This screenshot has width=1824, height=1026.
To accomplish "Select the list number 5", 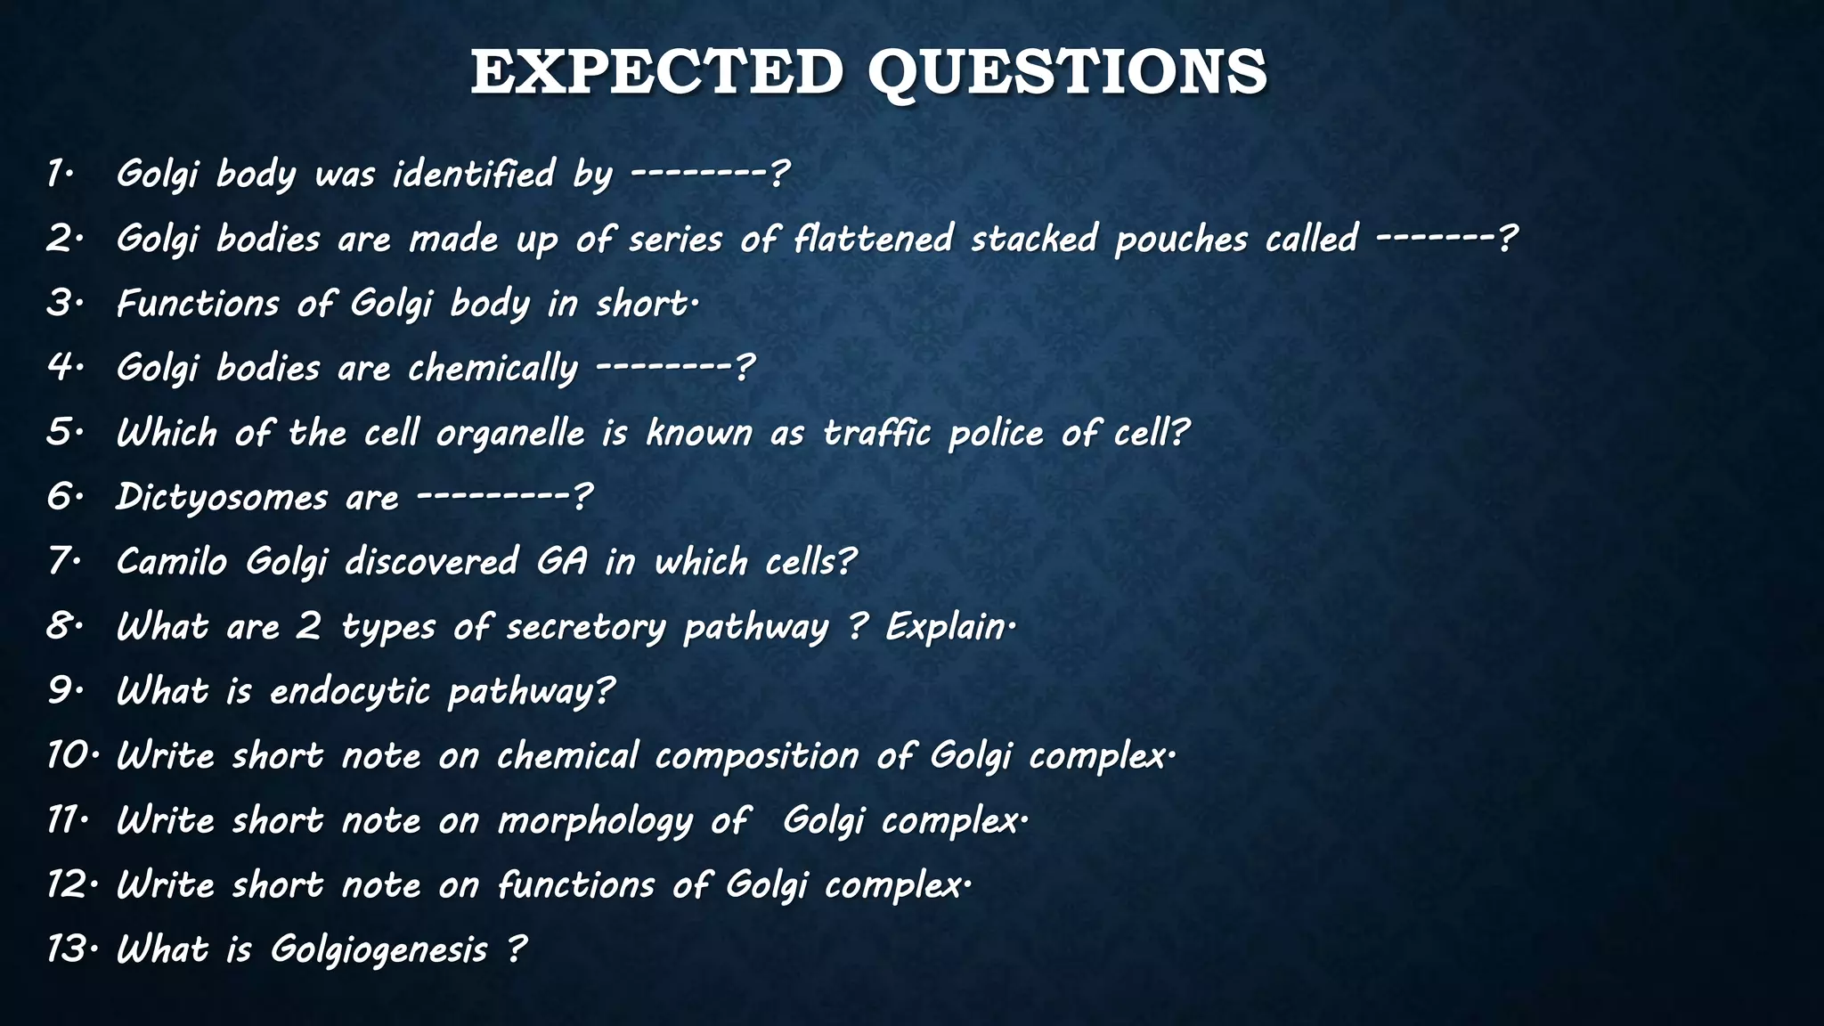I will click(x=61, y=433).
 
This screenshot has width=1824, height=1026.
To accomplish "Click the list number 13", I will click(x=66, y=949).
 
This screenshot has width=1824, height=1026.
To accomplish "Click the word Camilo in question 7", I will click(x=172, y=562).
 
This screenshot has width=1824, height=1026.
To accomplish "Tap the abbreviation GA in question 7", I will click(x=561, y=562).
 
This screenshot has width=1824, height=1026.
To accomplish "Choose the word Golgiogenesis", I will click(x=379, y=949).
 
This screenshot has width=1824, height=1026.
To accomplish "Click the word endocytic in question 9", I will click(x=350, y=692).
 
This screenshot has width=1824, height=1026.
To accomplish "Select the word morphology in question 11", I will click(x=594, y=821).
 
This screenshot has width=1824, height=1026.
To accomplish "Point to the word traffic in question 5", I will click(x=876, y=433).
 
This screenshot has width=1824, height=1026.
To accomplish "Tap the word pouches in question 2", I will click(x=1181, y=239).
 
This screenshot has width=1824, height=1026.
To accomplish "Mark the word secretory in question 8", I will click(x=585, y=627).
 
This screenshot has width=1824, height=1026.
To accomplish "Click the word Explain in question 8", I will click(x=946, y=627).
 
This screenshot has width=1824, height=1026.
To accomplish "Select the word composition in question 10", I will click(x=757, y=756).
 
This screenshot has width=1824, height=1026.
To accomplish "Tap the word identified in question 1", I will click(x=474, y=174).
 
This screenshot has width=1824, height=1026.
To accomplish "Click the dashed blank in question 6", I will click(x=493, y=495).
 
